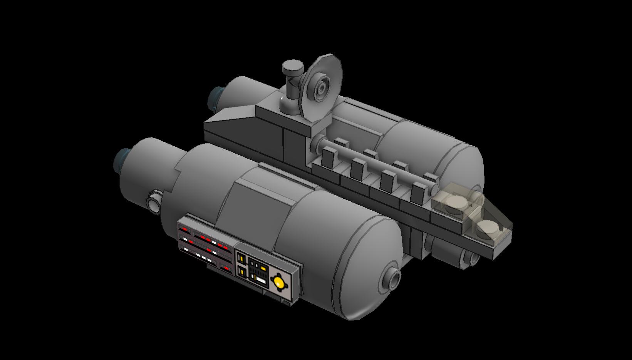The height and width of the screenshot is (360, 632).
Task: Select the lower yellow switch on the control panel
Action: [x=242, y=272]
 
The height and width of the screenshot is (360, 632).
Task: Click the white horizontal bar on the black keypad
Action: [x=261, y=280]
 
